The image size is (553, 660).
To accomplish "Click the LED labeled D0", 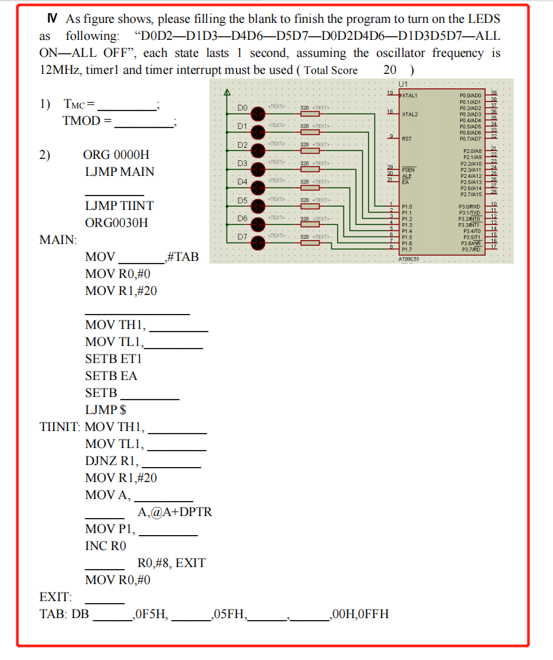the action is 258,113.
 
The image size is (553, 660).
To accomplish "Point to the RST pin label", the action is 407,139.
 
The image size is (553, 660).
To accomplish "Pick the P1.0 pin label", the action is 407,205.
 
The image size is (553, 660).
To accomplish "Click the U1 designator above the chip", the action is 402,85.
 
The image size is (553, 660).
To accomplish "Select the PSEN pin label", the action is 408,169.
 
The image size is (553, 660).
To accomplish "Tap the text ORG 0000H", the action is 116,155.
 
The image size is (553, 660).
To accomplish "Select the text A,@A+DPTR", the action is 175,512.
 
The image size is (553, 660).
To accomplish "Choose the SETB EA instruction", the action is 111,376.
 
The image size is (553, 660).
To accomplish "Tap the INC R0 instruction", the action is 105,546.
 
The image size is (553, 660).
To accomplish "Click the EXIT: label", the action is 56,597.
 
